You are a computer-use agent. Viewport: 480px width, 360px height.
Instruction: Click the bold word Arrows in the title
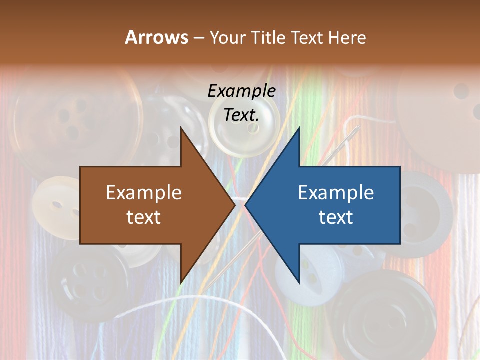point(156,37)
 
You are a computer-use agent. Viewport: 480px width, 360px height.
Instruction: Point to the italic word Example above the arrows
point(241,91)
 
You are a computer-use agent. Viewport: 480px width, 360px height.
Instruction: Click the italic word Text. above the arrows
point(241,115)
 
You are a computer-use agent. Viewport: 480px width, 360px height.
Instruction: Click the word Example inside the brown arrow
point(144,192)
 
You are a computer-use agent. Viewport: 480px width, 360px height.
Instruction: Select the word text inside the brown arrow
point(144,217)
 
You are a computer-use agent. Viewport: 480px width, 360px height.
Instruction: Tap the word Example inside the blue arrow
point(336,192)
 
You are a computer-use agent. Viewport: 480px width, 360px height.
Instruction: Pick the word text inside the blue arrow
point(336,217)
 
